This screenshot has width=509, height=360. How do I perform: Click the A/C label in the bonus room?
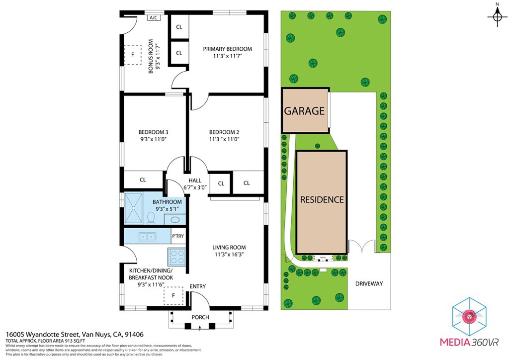154,18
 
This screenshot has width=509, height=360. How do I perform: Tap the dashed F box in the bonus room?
133,55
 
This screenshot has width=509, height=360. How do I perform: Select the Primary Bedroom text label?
227,49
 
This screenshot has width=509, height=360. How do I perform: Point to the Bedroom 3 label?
153,132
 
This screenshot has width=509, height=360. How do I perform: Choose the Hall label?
194,180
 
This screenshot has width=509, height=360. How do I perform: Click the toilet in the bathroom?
151,217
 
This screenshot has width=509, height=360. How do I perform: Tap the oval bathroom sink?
175,220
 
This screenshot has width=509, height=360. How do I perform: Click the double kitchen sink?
147,236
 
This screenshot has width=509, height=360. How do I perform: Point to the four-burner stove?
177,257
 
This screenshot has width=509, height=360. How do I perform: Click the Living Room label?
229,247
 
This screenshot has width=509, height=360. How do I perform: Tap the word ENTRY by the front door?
197,286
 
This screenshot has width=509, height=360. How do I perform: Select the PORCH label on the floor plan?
200,317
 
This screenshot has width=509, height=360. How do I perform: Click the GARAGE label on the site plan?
304,111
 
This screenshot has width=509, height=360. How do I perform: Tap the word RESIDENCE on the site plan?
322,199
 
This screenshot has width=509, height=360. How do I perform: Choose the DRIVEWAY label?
369,283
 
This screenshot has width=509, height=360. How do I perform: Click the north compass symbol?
497,17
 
